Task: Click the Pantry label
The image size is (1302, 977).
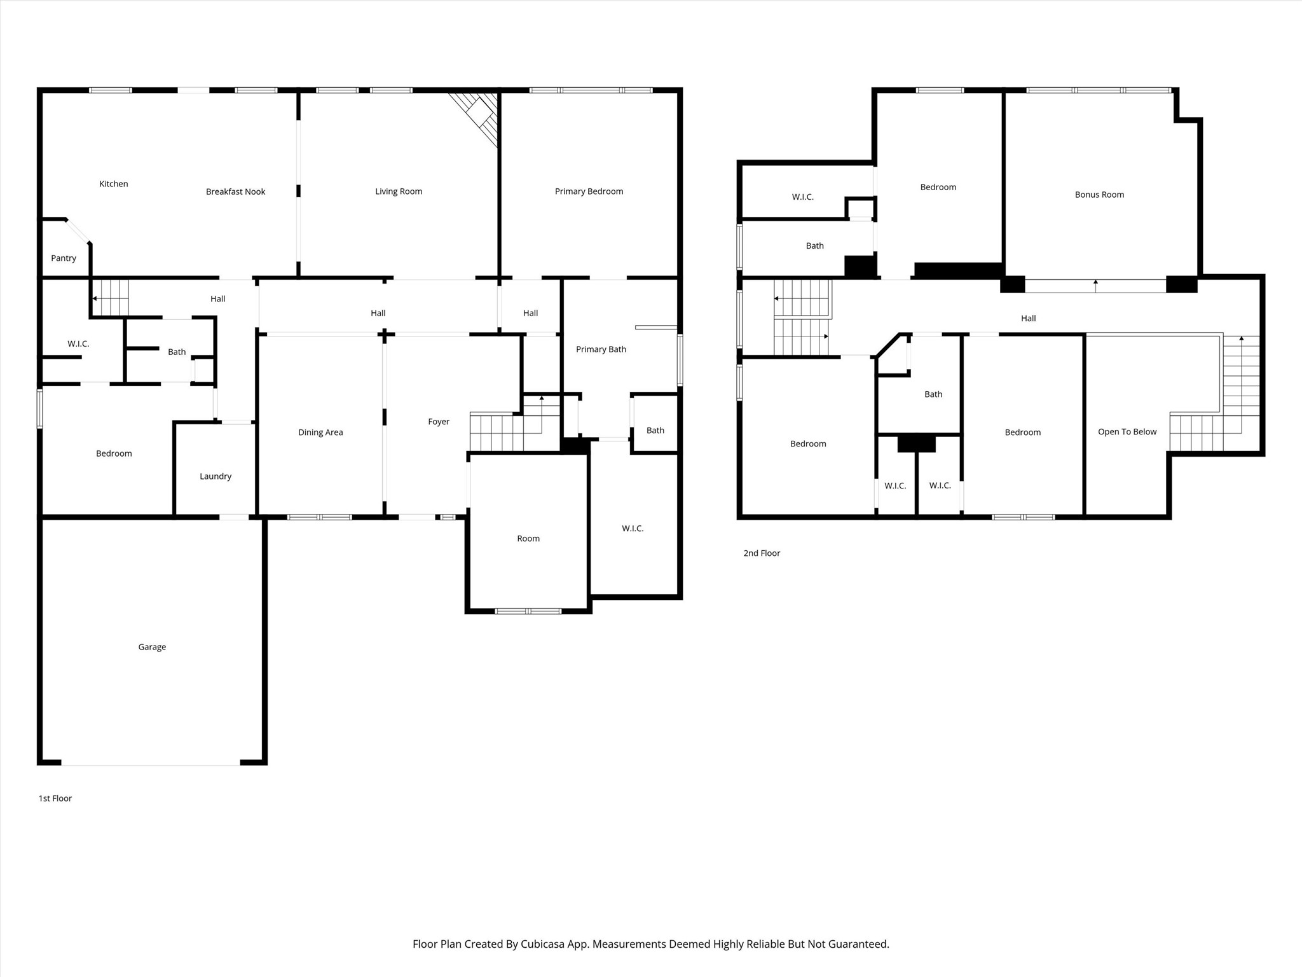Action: [64, 258]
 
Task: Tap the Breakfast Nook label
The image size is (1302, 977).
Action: [235, 191]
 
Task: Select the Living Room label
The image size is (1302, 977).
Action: [399, 191]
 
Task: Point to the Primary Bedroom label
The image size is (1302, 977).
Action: [589, 191]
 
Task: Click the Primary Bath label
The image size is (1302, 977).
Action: [601, 349]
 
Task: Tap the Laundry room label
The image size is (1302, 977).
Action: [216, 476]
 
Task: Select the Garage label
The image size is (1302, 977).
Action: [152, 647]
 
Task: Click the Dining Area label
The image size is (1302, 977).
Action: [320, 433]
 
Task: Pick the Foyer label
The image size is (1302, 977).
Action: [439, 422]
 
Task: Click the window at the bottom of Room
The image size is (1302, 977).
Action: [528, 611]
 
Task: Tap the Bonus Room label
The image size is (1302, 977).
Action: [1099, 195]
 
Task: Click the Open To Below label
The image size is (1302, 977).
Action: [1127, 432]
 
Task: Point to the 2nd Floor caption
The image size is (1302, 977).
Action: [762, 553]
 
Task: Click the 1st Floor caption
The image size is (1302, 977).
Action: [55, 798]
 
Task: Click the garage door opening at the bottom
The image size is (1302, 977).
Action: [151, 763]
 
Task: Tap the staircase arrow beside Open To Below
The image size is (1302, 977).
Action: [1242, 339]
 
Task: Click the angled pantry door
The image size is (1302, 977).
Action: [78, 230]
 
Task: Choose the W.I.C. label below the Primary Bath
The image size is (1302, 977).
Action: [633, 529]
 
